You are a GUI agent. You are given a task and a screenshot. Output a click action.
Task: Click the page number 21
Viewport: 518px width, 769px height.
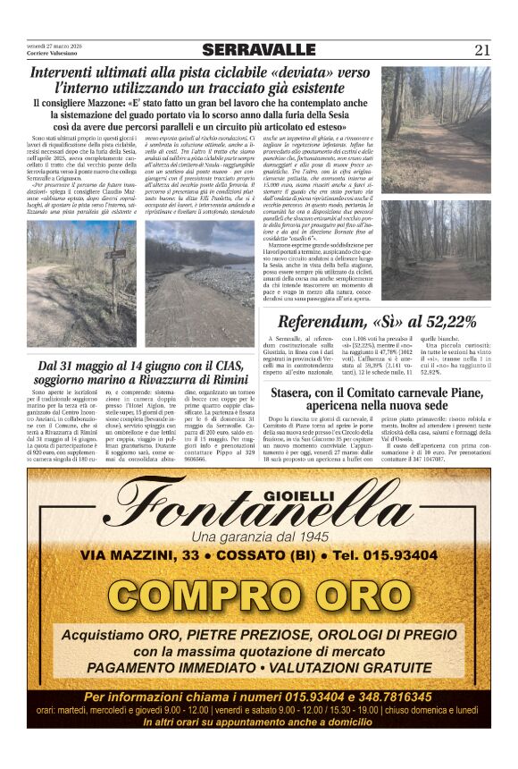pos(482,50)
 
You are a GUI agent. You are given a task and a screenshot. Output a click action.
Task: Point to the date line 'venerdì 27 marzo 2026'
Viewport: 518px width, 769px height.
pos(54,46)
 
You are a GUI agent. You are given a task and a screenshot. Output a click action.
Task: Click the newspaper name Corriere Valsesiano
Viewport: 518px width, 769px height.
pos(54,54)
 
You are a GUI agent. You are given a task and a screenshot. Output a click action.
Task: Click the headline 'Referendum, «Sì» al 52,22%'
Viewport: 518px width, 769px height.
pos(376,322)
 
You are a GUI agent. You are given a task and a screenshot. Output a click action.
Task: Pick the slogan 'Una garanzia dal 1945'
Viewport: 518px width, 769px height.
pos(259,537)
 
